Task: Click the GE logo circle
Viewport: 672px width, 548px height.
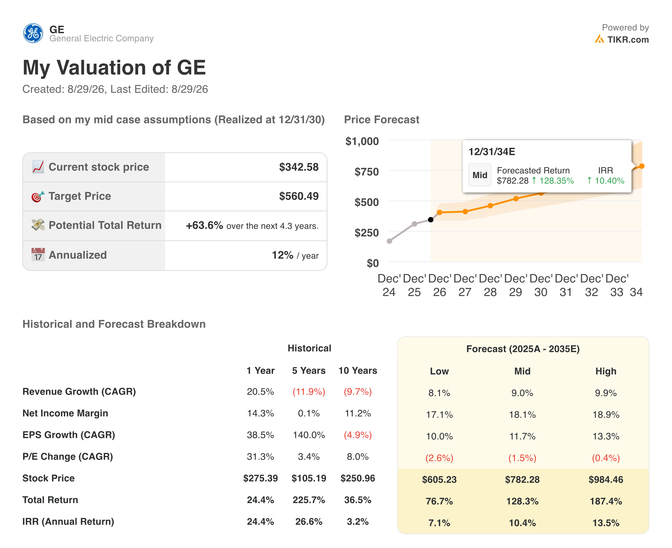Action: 33,33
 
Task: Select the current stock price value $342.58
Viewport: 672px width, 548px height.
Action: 299,167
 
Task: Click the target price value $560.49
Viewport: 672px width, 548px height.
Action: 299,196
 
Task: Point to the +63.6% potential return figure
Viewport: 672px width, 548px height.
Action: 204,225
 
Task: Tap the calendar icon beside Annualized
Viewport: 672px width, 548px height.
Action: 38,254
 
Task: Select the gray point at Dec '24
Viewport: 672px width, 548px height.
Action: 389,241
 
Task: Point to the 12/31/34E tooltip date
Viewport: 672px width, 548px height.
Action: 492,152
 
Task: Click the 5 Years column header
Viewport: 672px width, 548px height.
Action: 309,371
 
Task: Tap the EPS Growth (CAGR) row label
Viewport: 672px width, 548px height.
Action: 69,435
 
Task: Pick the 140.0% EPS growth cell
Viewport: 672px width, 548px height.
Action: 309,435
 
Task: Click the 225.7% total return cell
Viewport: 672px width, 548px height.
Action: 309,500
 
